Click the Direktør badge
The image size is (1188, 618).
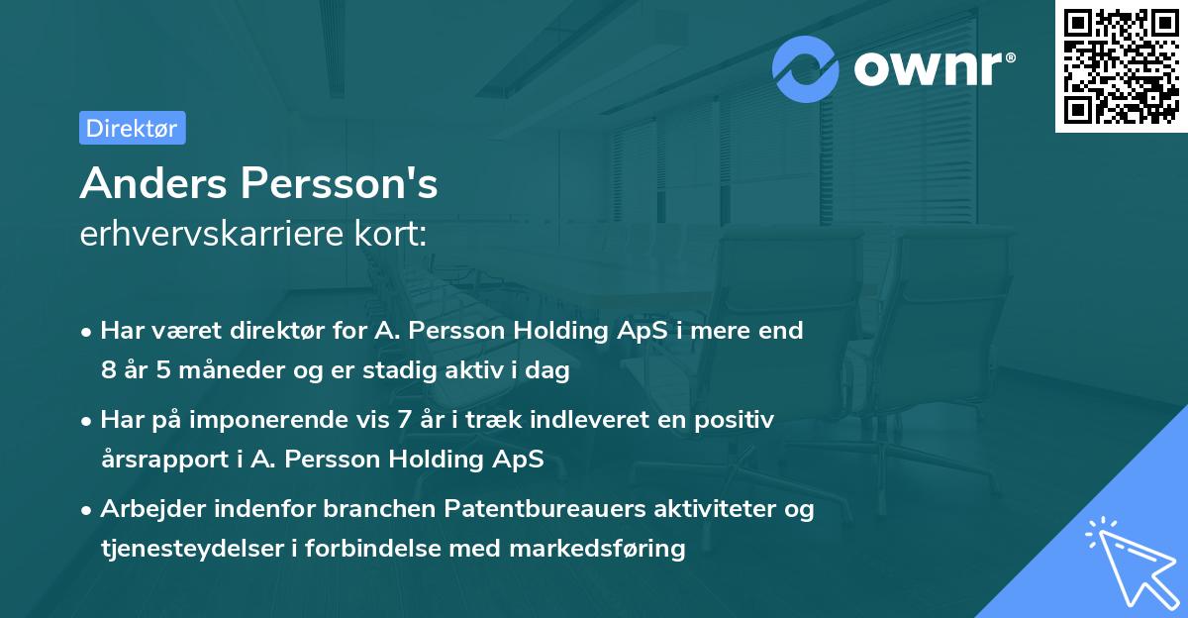click(132, 128)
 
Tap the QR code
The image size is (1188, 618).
click(1121, 66)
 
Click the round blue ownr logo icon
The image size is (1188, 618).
click(806, 68)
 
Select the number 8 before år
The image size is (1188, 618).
click(108, 370)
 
